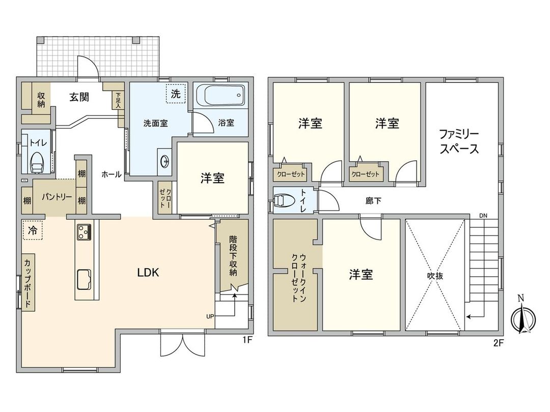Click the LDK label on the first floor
(x=149, y=273)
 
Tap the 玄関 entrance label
(x=79, y=97)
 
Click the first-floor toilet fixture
(x=37, y=163)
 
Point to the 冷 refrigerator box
(x=32, y=230)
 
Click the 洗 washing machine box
(x=175, y=94)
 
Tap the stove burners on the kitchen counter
(x=84, y=232)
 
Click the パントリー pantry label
(x=57, y=197)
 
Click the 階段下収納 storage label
(x=233, y=255)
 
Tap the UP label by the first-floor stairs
(x=210, y=316)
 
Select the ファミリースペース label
(x=459, y=142)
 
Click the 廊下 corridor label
(x=373, y=201)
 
